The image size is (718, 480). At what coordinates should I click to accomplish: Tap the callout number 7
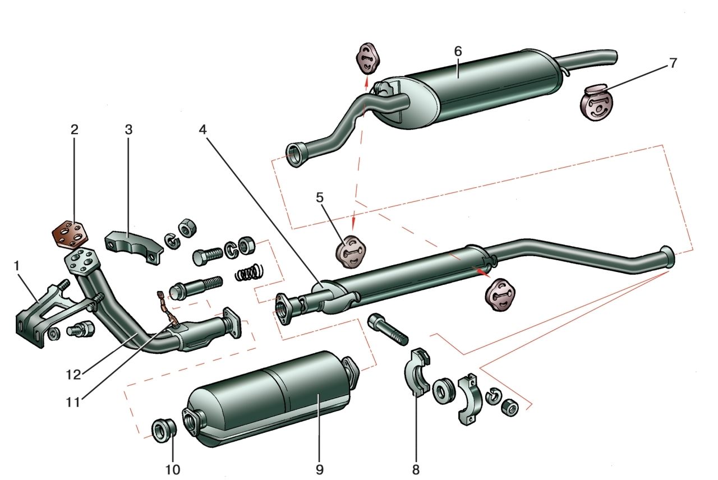(673, 63)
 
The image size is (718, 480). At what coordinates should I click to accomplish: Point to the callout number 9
(319, 468)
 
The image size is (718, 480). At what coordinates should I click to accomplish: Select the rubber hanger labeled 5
(351, 252)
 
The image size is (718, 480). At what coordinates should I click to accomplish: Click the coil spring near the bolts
(248, 273)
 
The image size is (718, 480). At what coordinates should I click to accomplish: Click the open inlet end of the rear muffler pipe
(295, 155)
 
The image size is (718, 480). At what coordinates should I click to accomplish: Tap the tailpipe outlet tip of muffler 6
(614, 56)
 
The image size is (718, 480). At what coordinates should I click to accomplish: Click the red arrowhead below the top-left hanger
(365, 83)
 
